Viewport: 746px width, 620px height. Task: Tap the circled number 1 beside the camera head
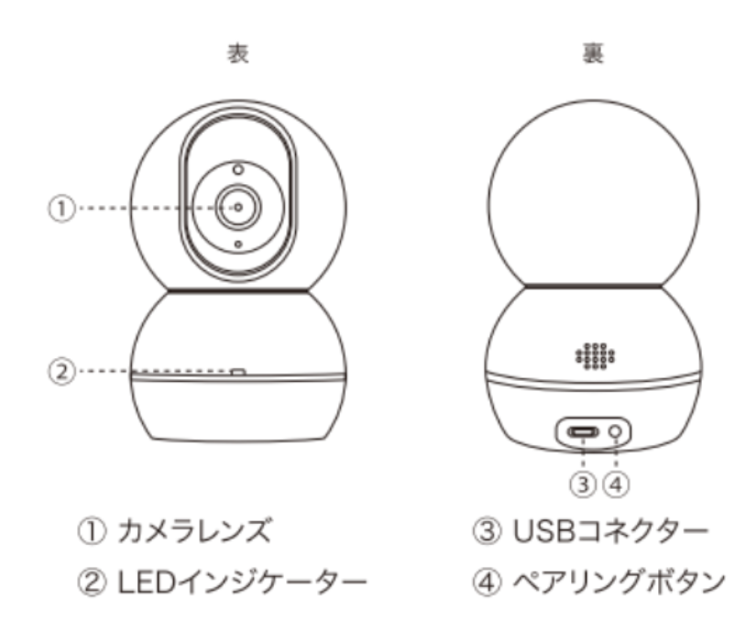(x=59, y=208)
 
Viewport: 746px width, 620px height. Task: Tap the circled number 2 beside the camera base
(x=59, y=371)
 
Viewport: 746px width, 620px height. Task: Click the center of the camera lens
(x=238, y=208)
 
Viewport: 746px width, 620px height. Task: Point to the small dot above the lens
(x=238, y=169)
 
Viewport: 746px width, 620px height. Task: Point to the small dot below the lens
(x=238, y=245)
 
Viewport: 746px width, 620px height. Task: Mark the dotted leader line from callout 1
(x=147, y=208)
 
